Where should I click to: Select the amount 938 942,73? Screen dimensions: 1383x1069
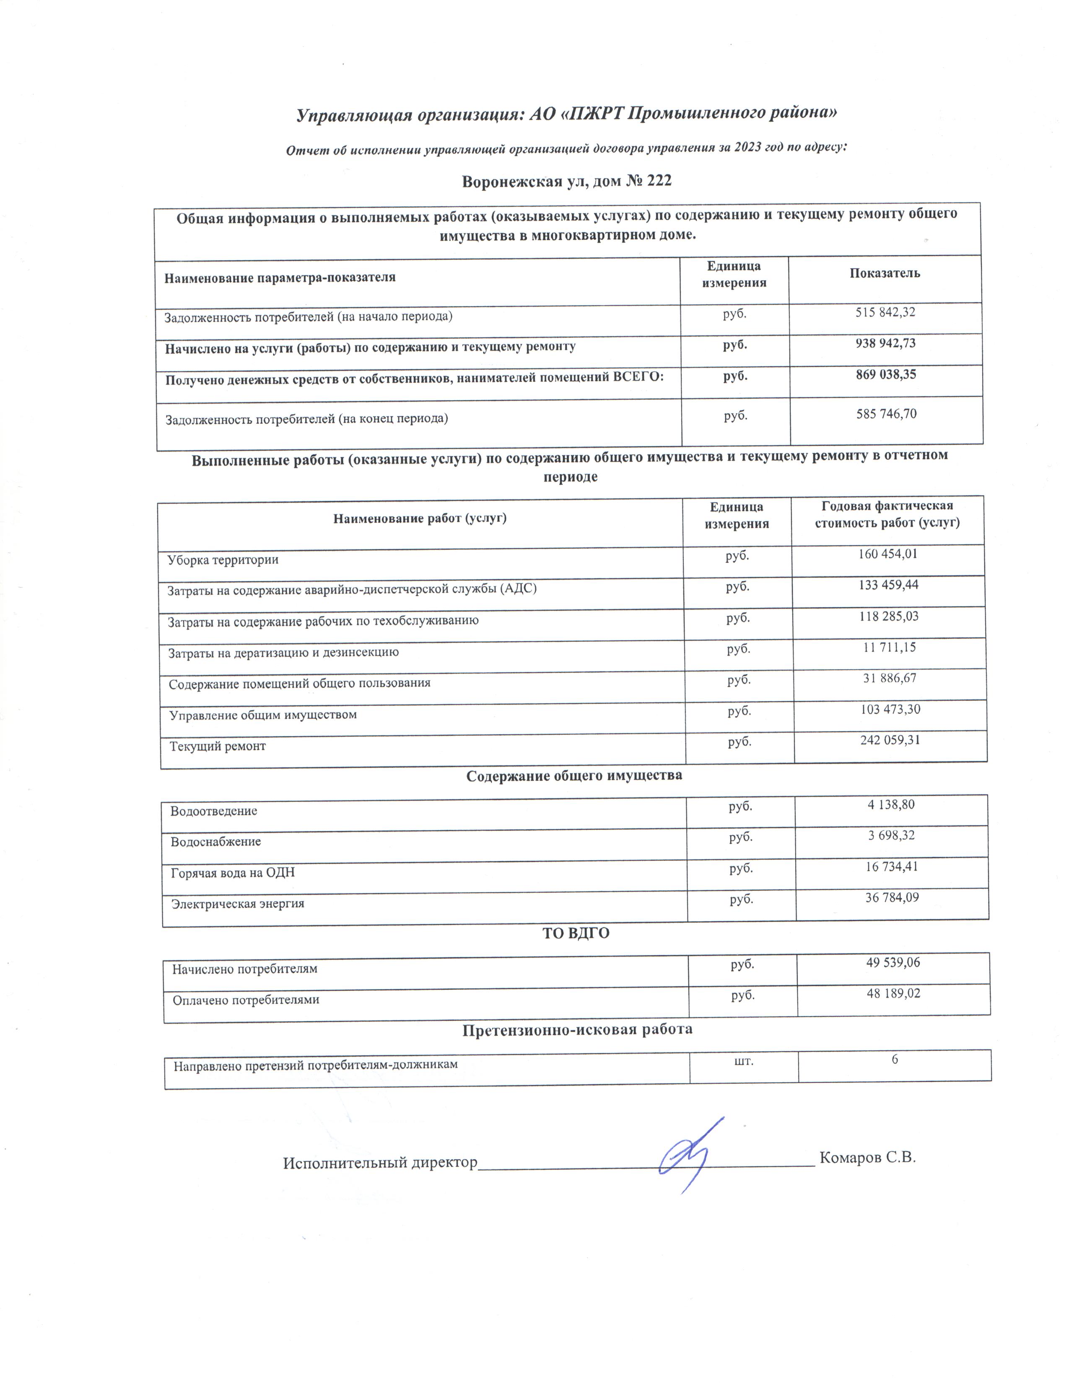point(885,343)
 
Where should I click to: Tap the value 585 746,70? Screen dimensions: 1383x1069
point(886,414)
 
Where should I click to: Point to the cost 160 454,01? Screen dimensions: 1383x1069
point(887,554)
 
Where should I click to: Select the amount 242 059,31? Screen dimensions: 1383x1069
point(890,740)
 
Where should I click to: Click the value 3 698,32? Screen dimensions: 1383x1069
point(891,835)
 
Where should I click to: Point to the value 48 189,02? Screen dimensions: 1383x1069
point(893,993)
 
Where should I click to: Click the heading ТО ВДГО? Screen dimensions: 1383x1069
point(576,933)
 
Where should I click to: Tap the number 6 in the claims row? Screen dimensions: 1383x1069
point(895,1059)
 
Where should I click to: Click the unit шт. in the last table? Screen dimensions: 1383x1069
point(744,1060)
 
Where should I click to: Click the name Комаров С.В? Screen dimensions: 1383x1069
point(868,1158)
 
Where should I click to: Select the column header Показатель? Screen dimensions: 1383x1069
point(884,274)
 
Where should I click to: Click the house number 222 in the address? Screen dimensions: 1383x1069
point(659,181)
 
